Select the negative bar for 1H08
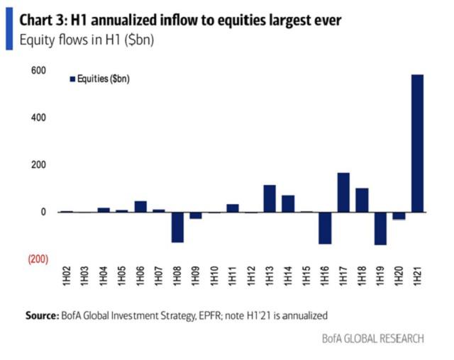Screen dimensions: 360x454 pyautogui.click(x=177, y=227)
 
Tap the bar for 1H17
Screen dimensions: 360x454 pyautogui.click(x=343, y=192)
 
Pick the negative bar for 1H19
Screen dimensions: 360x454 pyautogui.click(x=380, y=228)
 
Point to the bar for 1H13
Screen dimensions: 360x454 pyautogui.click(x=270, y=198)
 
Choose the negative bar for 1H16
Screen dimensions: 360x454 pyautogui.click(x=325, y=227)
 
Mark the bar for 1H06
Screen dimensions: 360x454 pyautogui.click(x=140, y=206)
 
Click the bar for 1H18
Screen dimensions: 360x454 pyautogui.click(x=362, y=200)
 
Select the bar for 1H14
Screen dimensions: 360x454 pyautogui.click(x=288, y=203)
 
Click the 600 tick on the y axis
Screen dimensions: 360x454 pyautogui.click(x=38, y=70)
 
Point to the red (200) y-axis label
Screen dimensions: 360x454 pyautogui.click(x=38, y=259)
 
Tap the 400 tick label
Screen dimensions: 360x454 pyautogui.click(x=38, y=118)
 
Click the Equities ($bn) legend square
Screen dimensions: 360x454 pyautogui.click(x=72, y=79)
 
